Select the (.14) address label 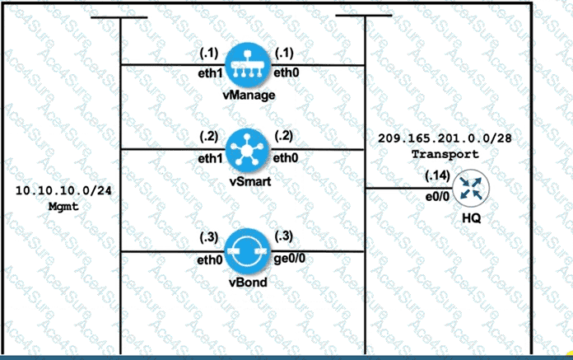(436, 176)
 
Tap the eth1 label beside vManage (211, 74)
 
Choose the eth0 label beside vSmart (285, 157)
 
